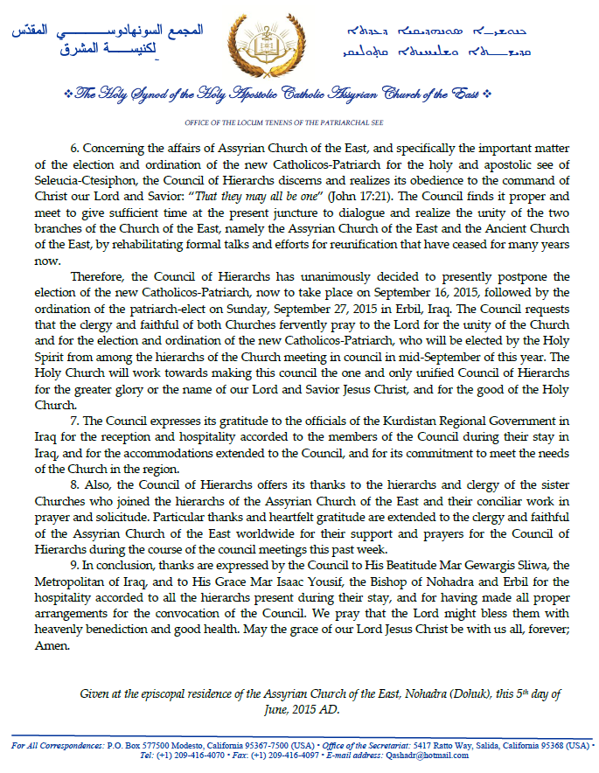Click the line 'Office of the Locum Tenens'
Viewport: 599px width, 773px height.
point(298,123)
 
